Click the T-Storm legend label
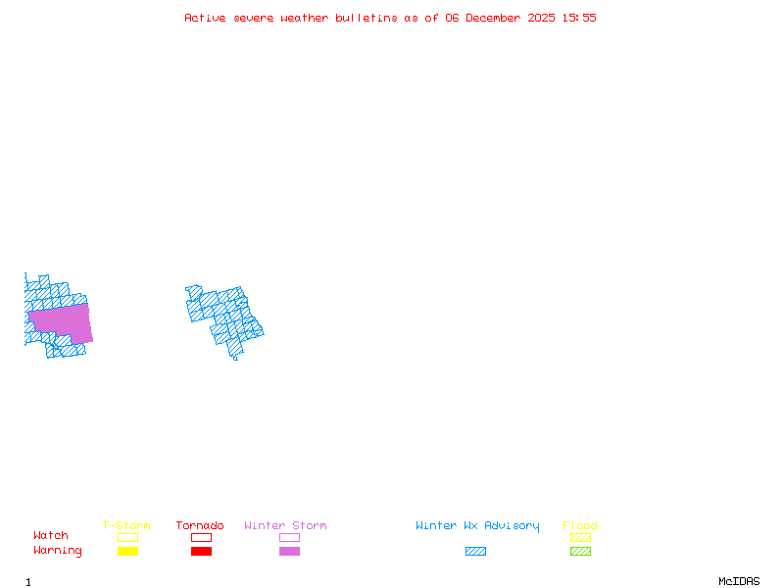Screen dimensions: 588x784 click(x=126, y=526)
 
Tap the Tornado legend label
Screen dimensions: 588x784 click(x=200, y=526)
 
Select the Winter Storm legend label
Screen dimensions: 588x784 click(x=285, y=526)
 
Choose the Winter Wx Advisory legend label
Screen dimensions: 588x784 click(x=477, y=526)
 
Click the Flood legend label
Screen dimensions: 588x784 click(x=580, y=526)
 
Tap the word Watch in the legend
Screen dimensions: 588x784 click(x=51, y=536)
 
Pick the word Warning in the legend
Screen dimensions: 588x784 click(x=58, y=551)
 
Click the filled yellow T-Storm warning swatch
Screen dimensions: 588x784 click(x=127, y=552)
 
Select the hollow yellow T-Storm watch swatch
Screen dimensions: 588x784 click(x=127, y=537)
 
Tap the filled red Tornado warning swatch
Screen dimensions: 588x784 click(x=201, y=552)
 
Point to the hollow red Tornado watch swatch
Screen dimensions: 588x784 click(x=201, y=537)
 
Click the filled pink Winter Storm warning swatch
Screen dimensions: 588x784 click(x=289, y=552)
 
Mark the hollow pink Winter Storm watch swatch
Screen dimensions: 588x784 click(x=289, y=537)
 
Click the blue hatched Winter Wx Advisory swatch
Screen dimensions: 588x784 click(x=475, y=552)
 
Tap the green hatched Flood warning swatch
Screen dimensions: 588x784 click(x=580, y=552)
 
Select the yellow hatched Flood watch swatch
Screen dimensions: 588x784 click(x=580, y=537)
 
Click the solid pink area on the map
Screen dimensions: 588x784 click(x=61, y=321)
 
